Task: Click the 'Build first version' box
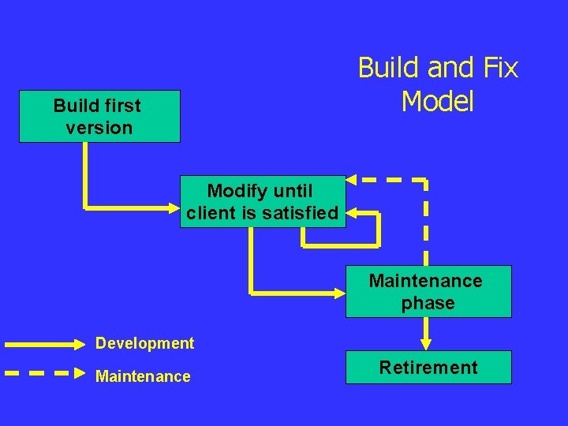pos(99,116)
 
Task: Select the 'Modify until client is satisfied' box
pos(263,201)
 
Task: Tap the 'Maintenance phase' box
pos(428,291)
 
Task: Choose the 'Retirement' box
pos(428,367)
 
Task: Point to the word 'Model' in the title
pos(438,101)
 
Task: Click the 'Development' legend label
pos(144,343)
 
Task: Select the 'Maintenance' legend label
pos(143,376)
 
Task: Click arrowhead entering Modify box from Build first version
pos(174,208)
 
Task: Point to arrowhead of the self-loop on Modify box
pos(352,213)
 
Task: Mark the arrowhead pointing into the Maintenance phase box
pos(340,293)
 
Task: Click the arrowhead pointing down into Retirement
pos(426,344)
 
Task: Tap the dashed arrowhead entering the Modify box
pos(352,180)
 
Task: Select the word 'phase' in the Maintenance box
pos(428,303)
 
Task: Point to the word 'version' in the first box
pos(99,127)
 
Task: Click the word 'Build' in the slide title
pos(390,68)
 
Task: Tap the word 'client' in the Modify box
pos(211,213)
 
